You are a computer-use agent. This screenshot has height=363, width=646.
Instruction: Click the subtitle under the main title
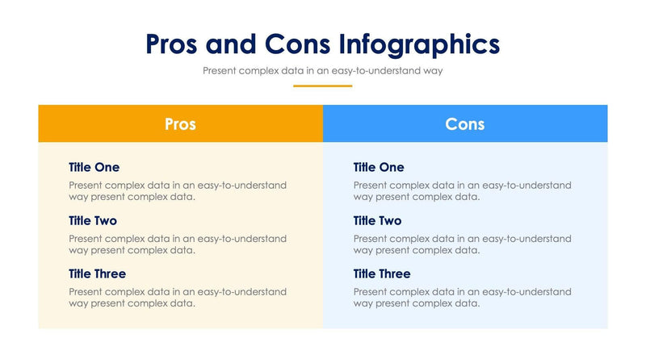pyautogui.click(x=322, y=70)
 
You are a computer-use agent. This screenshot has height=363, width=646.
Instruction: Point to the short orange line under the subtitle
pyautogui.click(x=322, y=86)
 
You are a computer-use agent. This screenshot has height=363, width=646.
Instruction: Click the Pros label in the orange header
pyautogui.click(x=180, y=123)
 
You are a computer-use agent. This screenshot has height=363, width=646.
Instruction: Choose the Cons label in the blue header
pyautogui.click(x=465, y=123)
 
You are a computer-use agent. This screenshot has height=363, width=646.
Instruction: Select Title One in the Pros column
pyautogui.click(x=94, y=167)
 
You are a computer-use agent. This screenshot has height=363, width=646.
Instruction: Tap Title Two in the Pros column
pyautogui.click(x=94, y=220)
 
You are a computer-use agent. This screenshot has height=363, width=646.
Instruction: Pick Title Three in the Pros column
pyautogui.click(x=97, y=273)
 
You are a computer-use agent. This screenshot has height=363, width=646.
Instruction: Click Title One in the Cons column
pyautogui.click(x=379, y=167)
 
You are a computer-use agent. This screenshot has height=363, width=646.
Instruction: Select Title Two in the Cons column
pyautogui.click(x=377, y=220)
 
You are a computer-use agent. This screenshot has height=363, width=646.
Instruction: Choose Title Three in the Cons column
pyautogui.click(x=382, y=273)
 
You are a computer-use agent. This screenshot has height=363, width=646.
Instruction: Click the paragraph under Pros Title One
pyautogui.click(x=177, y=191)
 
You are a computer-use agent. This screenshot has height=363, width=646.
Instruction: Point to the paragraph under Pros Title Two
pyautogui.click(x=177, y=244)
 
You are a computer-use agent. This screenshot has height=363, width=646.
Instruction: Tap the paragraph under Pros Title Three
pyautogui.click(x=177, y=298)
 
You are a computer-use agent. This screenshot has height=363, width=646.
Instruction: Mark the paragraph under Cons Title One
pyautogui.click(x=462, y=191)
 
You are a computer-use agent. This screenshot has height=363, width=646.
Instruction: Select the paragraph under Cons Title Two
pyautogui.click(x=462, y=244)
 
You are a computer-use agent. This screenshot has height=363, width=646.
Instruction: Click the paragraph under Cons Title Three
pyautogui.click(x=462, y=298)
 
